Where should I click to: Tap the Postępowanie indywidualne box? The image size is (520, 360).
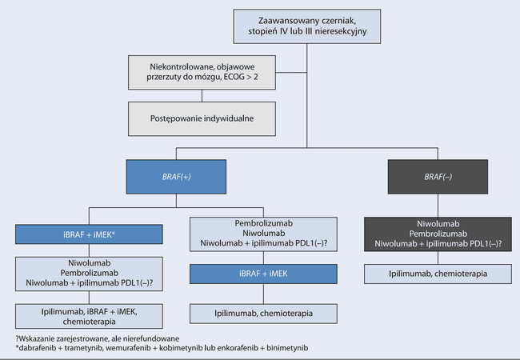[x=200, y=118]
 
